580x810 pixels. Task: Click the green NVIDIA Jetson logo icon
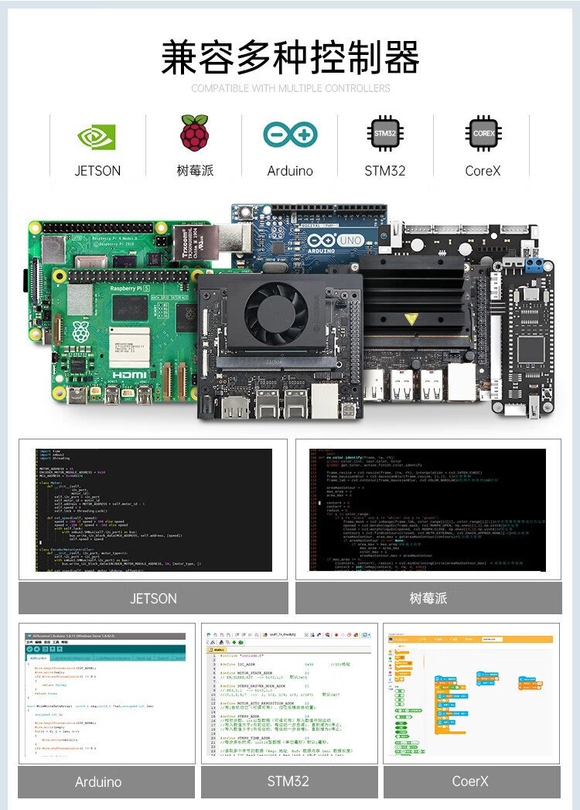tap(97, 137)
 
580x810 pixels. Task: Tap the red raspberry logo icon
tap(194, 133)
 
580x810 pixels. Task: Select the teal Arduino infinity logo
tap(290, 135)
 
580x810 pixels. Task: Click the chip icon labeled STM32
tap(385, 134)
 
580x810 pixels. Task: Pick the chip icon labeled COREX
tap(483, 134)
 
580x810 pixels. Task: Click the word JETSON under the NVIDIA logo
tap(97, 171)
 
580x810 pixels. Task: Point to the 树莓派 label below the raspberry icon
tap(194, 171)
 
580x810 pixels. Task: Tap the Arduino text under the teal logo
tap(290, 171)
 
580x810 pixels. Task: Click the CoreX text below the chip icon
tap(483, 171)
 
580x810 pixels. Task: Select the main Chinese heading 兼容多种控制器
tap(290, 58)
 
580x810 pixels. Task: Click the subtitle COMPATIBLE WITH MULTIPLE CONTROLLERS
tap(290, 88)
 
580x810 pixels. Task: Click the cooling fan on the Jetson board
tap(276, 313)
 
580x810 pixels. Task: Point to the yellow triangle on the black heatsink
tap(411, 319)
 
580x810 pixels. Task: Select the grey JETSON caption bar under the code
tap(153, 598)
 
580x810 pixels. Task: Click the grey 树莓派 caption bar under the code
tap(428, 598)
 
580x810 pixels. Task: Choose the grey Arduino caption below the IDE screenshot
tap(98, 781)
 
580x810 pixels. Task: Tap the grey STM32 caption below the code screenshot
tap(288, 781)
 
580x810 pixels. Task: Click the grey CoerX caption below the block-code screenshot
tap(471, 781)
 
